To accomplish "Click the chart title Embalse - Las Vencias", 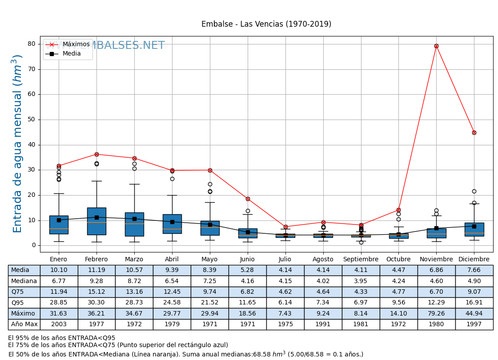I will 266,24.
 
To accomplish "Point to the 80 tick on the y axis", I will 31,44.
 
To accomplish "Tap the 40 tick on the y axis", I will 31,144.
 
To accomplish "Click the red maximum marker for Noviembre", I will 436,46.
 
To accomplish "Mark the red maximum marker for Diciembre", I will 474,132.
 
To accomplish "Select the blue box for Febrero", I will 96,221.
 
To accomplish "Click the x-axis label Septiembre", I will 361,259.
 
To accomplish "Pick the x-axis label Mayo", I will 209,259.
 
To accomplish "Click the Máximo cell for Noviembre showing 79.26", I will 436,313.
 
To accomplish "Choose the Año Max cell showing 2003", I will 59,324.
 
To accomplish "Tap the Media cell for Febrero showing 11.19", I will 96,270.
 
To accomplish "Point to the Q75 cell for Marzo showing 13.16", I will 134,292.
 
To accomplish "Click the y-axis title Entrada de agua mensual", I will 17,144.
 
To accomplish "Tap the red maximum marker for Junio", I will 248,199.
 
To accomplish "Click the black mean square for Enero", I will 59,220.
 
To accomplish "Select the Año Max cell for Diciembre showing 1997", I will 474,324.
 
